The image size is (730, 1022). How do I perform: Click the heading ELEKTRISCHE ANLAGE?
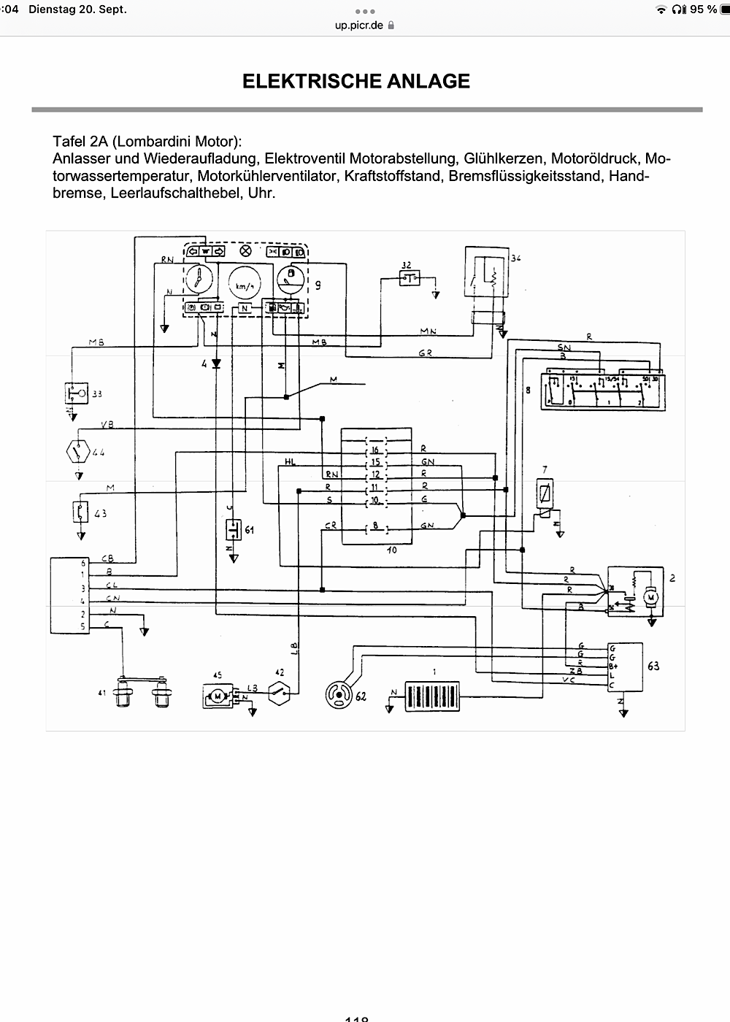click(356, 81)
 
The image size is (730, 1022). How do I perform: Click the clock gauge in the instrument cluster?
click(198, 281)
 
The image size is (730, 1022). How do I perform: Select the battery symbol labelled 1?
click(433, 697)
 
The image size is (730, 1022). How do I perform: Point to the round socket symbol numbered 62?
click(339, 693)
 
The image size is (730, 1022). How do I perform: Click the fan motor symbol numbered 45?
click(218, 696)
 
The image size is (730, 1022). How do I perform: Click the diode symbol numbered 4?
click(216, 363)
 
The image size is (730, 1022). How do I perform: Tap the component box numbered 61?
click(234, 528)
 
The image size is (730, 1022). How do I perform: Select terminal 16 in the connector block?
click(375, 450)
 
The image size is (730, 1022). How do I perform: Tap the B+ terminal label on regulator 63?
click(613, 666)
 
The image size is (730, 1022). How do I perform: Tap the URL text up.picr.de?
click(358, 26)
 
